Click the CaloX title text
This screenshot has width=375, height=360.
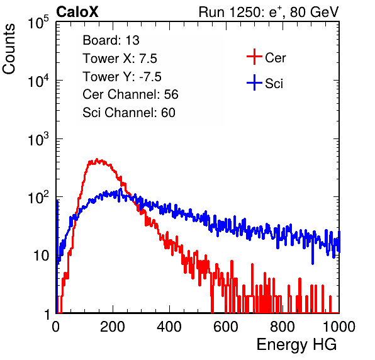[77, 12]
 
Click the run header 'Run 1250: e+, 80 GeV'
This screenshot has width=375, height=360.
[269, 12]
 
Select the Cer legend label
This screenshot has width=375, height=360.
[275, 58]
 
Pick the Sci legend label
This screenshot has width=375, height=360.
[274, 84]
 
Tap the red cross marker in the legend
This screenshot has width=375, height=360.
[254, 57]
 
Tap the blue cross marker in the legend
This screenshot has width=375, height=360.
[254, 82]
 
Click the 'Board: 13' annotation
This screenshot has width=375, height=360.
[111, 40]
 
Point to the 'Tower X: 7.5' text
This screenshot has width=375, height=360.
[120, 59]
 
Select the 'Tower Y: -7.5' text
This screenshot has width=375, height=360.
[122, 77]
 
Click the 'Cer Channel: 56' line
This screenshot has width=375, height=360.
[130, 94]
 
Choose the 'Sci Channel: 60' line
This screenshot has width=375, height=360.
[129, 113]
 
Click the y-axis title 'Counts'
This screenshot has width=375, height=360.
[9, 49]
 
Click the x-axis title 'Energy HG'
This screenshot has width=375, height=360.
[296, 345]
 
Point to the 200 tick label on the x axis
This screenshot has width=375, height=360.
[113, 327]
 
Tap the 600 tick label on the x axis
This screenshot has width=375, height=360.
[226, 327]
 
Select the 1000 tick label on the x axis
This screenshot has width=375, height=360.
[339, 327]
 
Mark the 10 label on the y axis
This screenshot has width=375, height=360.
[41, 256]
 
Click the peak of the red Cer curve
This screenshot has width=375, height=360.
[97, 159]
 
